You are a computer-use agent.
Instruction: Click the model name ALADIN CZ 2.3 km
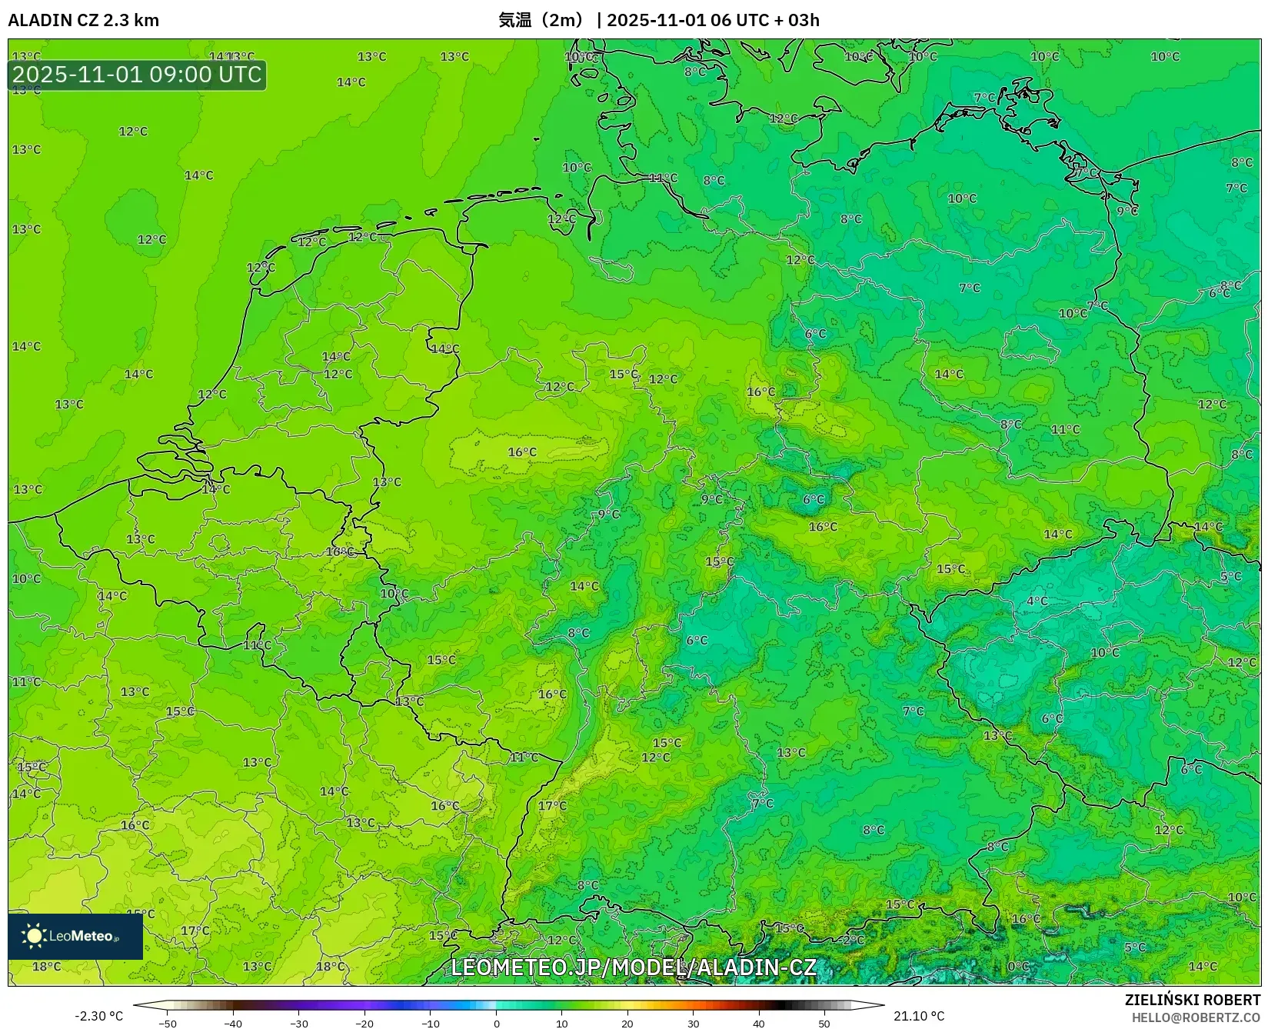coord(83,20)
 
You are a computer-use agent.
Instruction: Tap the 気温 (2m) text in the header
coord(541,20)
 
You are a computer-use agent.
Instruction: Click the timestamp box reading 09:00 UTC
coord(137,75)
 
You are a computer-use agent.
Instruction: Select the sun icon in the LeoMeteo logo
coord(34,935)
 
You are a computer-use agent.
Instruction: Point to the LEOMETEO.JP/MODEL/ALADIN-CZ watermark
coord(633,967)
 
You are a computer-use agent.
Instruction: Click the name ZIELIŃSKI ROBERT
coord(1193,1000)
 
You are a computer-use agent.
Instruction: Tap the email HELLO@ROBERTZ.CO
coord(1196,1017)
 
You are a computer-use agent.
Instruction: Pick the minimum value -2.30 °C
coord(98,1016)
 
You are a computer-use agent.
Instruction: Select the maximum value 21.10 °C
coord(919,1016)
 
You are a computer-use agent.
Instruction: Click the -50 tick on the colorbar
coord(168,1024)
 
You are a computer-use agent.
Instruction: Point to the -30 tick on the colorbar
coord(299,1024)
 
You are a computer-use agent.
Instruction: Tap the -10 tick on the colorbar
coord(431,1024)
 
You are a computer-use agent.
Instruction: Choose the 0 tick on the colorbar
coord(497,1024)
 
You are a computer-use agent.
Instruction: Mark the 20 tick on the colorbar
coord(627,1024)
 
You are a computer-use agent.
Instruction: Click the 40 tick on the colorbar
coord(759,1024)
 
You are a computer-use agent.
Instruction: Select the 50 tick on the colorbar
coord(824,1024)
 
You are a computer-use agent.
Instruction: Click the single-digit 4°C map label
coord(1037,601)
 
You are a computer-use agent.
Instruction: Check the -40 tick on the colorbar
coord(233,1024)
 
